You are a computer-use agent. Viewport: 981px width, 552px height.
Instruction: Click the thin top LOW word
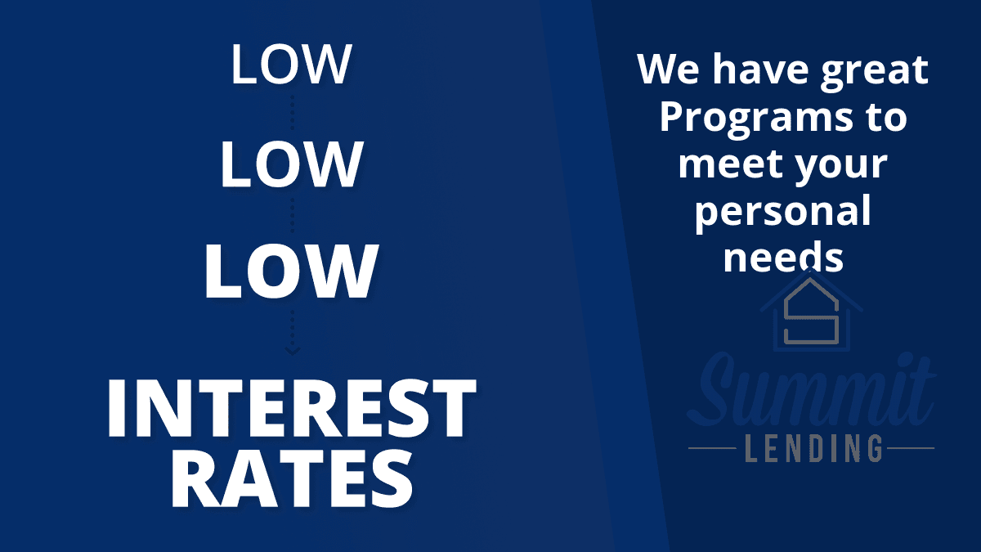(x=291, y=64)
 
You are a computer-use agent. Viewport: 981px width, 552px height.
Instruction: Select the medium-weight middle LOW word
(x=292, y=164)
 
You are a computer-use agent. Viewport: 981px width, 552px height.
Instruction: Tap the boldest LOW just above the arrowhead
(x=291, y=272)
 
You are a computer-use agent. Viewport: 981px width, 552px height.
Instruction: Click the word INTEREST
(x=291, y=408)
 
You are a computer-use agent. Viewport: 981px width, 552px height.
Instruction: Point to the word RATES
(x=292, y=479)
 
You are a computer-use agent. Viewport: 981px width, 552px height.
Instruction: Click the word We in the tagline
(x=669, y=69)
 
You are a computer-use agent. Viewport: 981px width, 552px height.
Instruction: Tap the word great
(x=875, y=72)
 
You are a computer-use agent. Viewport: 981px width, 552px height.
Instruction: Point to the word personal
(x=783, y=213)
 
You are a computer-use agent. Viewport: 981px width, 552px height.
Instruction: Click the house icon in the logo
(x=811, y=311)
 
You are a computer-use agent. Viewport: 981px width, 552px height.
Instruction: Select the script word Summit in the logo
(x=811, y=390)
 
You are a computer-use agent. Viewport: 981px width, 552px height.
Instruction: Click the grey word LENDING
(x=813, y=448)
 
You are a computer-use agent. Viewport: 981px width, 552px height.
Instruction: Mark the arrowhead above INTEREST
(x=293, y=351)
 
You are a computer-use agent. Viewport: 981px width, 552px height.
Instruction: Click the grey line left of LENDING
(x=712, y=448)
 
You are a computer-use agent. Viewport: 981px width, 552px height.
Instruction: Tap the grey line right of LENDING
(x=911, y=448)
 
